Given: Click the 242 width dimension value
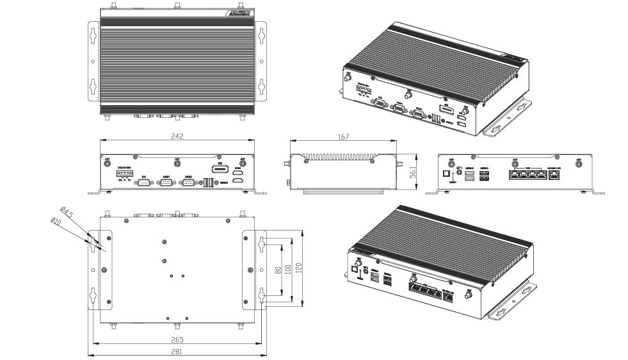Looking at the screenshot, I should pos(177,136).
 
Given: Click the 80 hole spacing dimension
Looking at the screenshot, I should pos(277,270).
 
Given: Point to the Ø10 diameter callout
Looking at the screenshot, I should pos(56,222).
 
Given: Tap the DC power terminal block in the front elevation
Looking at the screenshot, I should pos(124,174).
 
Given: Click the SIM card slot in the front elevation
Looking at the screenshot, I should pos(219,170).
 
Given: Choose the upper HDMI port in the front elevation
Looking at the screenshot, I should pos(238,173).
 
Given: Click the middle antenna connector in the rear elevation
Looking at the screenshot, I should pos(515,163).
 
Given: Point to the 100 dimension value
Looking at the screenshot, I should pos(288,270).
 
